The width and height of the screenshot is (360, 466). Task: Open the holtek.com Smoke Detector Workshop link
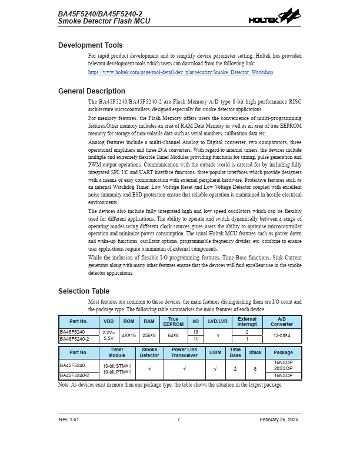[180, 72]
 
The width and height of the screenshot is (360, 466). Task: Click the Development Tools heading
[91, 45]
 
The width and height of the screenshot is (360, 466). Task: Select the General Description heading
[92, 91]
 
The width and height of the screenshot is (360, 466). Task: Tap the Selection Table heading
[84, 291]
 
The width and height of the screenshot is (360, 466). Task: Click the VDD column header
[109, 322]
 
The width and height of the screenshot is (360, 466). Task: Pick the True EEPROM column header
[173, 322]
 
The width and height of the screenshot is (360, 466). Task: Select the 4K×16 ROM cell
[128, 335]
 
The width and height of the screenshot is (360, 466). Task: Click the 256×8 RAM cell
[149, 335]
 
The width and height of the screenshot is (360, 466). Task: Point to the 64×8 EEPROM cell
[173, 335]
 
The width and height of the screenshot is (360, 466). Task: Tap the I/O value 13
[196, 332]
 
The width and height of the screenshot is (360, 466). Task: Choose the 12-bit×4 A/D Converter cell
[281, 335]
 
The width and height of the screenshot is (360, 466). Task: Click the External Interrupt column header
[247, 322]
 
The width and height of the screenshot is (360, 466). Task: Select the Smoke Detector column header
[150, 353]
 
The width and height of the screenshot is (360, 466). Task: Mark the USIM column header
[215, 353]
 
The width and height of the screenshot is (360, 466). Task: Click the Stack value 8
[255, 368]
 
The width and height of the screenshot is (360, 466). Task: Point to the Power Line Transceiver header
[185, 353]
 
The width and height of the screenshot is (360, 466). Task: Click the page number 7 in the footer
[179, 420]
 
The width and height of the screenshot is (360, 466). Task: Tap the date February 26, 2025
[279, 420]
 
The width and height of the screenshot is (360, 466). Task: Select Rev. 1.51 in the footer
[69, 420]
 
